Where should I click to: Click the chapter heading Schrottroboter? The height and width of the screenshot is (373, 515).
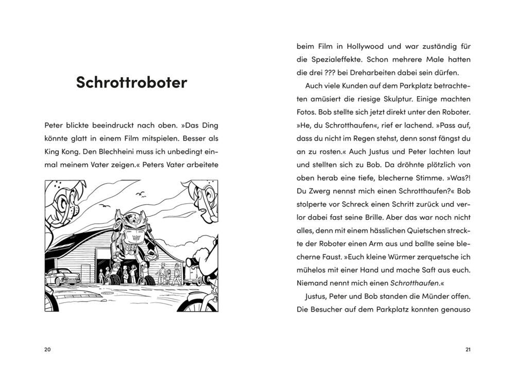[131, 82]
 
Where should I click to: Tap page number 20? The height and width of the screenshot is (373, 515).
[47, 350]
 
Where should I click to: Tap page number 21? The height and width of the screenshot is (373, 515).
[468, 350]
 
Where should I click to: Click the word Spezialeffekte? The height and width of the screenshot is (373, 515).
[339, 60]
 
